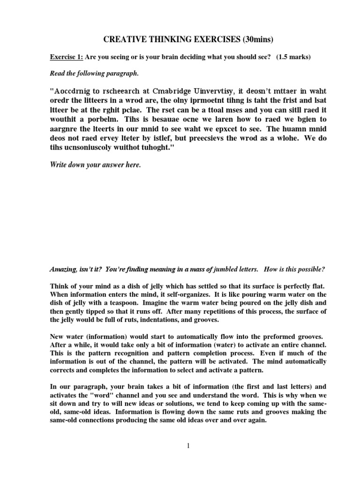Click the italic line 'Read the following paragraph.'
[x=86, y=73]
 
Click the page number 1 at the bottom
[x=188, y=446]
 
